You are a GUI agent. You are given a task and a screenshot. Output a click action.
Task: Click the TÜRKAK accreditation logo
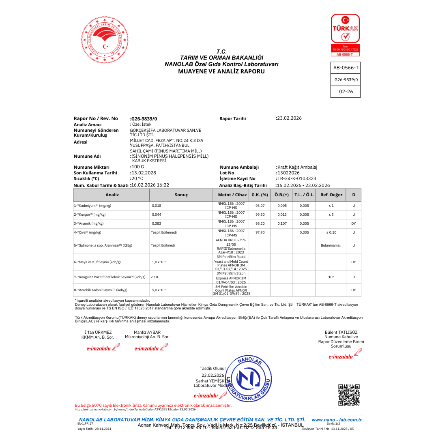345,35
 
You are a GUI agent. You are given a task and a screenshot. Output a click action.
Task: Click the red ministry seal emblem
105,40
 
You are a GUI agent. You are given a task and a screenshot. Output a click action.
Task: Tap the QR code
349,395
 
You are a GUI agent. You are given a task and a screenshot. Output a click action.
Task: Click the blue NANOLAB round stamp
249,378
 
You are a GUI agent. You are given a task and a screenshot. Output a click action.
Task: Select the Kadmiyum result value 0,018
157,206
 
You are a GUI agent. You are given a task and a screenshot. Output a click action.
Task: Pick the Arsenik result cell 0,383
157,223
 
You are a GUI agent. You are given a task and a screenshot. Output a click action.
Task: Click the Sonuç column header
181,195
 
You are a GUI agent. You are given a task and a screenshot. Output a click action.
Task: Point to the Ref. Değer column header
331,195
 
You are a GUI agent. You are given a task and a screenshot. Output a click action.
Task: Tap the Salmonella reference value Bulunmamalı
331,245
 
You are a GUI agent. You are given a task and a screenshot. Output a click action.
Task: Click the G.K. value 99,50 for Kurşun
260,215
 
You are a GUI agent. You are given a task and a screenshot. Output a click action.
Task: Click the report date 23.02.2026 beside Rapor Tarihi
289,118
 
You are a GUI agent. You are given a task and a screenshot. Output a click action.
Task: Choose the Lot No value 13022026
288,173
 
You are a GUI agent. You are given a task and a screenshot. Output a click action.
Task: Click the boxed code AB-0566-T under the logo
346,68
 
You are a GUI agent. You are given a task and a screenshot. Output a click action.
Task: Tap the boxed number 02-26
346,92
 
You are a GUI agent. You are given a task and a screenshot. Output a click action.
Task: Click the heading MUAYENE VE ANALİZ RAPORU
221,71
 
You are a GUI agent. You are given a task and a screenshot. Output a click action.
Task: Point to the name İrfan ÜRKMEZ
98,333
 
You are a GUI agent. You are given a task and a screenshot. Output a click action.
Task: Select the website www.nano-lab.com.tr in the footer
336,420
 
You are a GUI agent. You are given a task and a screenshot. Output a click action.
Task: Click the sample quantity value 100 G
138,167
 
